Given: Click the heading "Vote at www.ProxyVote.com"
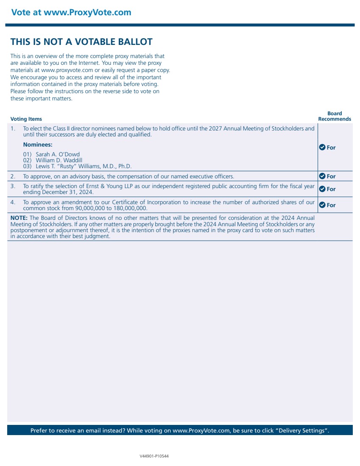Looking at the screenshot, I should (71, 12).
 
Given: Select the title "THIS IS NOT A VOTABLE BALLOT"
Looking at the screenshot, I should (81, 42).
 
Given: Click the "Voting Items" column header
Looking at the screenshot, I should (26, 119).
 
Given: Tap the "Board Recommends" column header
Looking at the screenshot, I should (335, 116).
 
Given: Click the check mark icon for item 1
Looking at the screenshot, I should (322, 147).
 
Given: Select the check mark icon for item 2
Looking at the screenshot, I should (322, 176).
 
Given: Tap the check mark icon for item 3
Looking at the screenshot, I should (322, 189).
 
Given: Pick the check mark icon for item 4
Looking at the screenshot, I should (322, 205).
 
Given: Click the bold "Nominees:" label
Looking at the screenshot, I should (38, 144).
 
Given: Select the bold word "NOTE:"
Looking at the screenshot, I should (19, 218).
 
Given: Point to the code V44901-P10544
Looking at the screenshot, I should (154, 456).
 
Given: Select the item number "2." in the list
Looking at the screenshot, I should (13, 176).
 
